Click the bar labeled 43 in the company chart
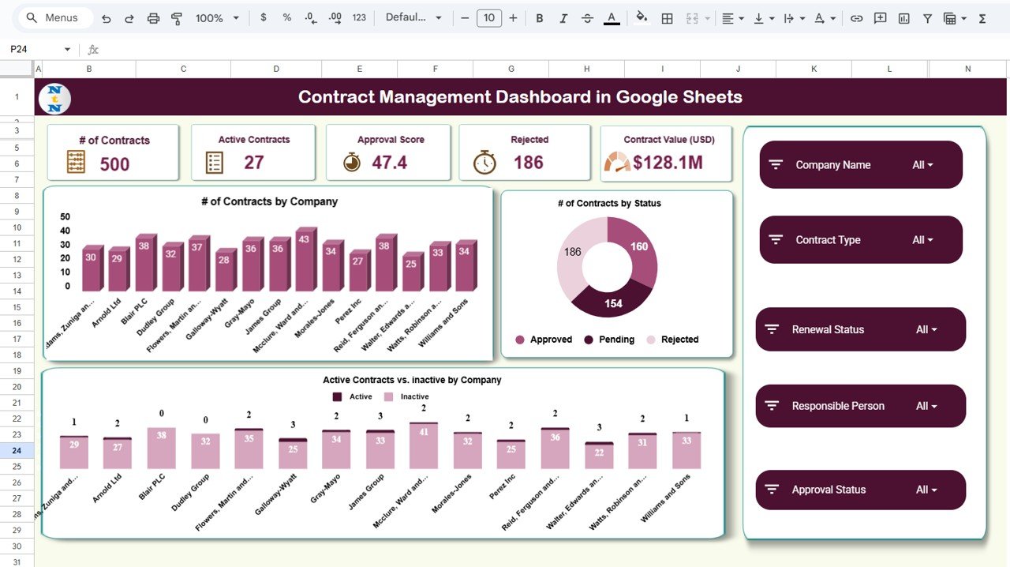305,261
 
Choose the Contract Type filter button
861,240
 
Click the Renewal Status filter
861,329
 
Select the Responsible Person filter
861,406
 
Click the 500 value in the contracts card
114,163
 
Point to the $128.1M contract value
668,163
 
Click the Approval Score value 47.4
389,163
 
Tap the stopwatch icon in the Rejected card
484,162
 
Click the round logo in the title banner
54,98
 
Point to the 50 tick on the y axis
65,216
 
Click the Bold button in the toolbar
540,18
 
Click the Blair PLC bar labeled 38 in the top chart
144,264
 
